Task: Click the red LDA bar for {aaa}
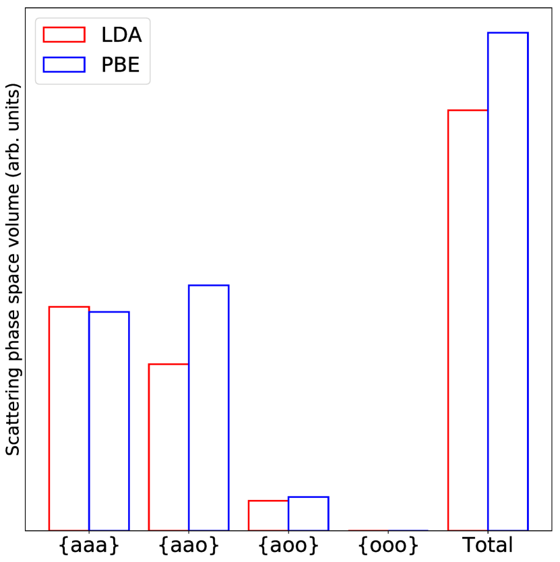tap(69, 418)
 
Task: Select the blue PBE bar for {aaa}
tap(109, 420)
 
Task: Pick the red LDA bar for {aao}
tap(168, 447)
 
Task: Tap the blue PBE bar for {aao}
tap(209, 407)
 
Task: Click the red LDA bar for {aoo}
tap(268, 516)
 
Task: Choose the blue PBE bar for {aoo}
tap(309, 513)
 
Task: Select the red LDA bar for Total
tap(468, 319)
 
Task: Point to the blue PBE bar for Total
tap(507, 281)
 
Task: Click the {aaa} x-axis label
tap(89, 544)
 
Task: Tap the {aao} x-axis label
tap(189, 544)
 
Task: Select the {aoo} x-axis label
tap(288, 544)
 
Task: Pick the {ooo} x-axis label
tap(388, 544)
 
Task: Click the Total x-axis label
tap(487, 544)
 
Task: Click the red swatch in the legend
tap(64, 34)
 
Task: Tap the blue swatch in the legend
tap(64, 64)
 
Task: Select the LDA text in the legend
tap(121, 34)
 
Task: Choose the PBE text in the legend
tap(121, 64)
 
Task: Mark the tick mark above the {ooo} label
tap(388, 533)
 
